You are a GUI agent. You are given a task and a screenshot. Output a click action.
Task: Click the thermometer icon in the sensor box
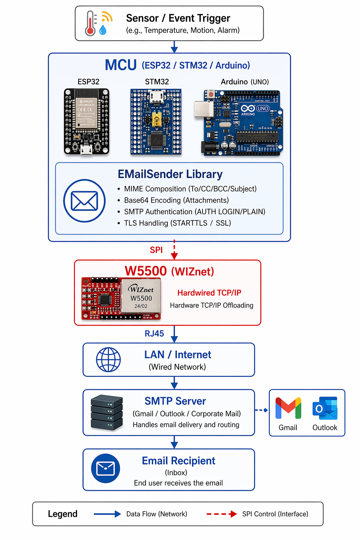click(x=91, y=24)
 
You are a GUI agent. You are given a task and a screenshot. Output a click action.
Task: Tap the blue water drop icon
click(x=103, y=30)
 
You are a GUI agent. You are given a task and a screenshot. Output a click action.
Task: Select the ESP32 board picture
click(x=86, y=121)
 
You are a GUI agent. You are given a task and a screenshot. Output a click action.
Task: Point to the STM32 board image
click(x=156, y=122)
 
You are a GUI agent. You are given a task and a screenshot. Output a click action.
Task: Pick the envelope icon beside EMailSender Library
click(x=84, y=201)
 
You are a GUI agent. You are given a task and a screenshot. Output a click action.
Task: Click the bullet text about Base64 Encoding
click(x=176, y=200)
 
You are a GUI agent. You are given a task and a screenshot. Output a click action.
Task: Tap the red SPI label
click(x=156, y=250)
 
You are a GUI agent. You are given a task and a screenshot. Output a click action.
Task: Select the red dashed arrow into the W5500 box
click(x=174, y=250)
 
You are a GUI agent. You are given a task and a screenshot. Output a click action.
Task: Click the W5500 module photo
click(x=121, y=298)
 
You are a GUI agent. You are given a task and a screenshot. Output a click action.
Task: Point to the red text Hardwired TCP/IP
click(x=209, y=293)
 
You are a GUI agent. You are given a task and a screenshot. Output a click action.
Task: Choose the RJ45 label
click(x=154, y=334)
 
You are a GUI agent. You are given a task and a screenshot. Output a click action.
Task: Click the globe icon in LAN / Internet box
click(x=108, y=360)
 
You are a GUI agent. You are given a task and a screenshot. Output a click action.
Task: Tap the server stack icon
click(x=107, y=413)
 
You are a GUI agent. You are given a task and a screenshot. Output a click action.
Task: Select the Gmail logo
click(x=288, y=408)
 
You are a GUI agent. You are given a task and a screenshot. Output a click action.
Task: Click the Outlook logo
click(x=325, y=408)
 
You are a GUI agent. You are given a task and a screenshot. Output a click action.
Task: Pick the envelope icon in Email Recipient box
click(x=105, y=469)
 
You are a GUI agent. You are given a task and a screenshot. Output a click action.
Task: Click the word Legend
click(x=63, y=514)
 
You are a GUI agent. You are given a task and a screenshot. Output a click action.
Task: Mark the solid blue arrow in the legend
click(x=107, y=514)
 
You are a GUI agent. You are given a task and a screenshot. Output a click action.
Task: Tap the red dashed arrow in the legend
click(x=222, y=514)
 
